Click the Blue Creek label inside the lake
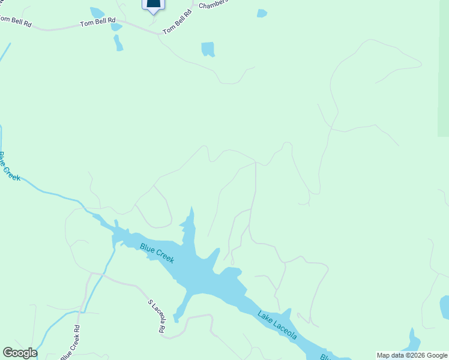click(157, 253)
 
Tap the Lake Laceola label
click(277, 325)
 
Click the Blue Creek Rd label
click(70, 343)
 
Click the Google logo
click(19, 353)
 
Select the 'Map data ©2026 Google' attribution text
click(412, 355)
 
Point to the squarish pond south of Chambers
click(208, 49)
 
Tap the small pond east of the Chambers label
click(262, 13)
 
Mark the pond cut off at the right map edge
click(444, 307)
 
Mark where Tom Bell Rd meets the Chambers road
click(161, 34)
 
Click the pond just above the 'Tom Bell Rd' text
click(97, 12)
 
